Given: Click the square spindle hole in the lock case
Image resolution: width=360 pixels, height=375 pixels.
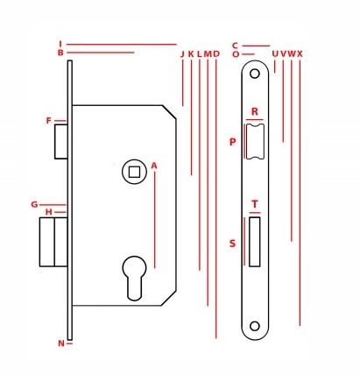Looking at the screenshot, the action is click(134, 172).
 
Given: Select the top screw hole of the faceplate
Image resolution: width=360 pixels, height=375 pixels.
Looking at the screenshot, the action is click(255, 74).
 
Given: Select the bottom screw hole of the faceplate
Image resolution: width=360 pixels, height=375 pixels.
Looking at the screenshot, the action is click(255, 326).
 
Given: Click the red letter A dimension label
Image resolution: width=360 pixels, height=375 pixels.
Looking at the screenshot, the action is click(154, 166).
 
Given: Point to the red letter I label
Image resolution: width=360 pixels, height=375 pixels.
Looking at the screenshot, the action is click(60, 44).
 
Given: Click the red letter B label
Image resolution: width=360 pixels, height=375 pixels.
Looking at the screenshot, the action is click(60, 53).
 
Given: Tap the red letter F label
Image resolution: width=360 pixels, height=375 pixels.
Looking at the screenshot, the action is click(49, 121).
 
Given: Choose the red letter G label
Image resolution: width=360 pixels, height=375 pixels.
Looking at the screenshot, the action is click(34, 204).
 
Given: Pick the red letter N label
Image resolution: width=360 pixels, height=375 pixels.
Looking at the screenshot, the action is click(61, 343).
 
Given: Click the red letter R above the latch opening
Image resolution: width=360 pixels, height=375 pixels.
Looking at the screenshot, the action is click(255, 111).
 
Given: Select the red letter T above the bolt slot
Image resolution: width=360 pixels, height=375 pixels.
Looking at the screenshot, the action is click(255, 204).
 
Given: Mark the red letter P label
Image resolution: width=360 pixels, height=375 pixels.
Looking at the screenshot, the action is click(232, 142).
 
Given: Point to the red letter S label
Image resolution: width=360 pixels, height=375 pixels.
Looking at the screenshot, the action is click(232, 244).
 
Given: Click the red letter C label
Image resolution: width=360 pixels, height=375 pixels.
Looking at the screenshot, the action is click(236, 46).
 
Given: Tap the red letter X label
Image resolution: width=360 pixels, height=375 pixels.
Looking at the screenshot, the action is click(300, 54).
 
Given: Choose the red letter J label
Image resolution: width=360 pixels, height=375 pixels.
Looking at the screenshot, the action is click(182, 54).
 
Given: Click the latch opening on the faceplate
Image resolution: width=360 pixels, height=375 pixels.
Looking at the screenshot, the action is click(255, 141).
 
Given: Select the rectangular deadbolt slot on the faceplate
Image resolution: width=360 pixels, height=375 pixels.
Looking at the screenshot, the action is click(255, 242).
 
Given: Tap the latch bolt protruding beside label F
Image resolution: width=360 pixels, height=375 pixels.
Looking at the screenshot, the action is click(61, 142).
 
